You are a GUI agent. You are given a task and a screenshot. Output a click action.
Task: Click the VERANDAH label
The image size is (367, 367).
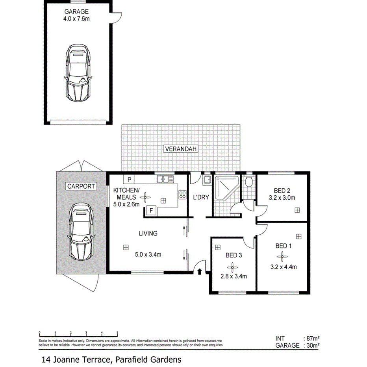181,149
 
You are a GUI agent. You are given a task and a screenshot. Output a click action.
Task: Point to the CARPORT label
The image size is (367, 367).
81,186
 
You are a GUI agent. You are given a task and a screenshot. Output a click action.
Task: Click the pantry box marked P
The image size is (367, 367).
129,180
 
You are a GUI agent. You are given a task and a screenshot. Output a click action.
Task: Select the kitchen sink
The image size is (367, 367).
166,180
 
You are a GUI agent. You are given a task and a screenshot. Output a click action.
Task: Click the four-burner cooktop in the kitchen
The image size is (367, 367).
183,194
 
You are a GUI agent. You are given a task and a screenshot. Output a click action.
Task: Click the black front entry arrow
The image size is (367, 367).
200,271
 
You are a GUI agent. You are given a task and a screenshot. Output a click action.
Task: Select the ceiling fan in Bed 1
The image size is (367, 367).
282,257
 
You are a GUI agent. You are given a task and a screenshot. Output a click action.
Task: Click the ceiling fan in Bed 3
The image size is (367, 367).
233,266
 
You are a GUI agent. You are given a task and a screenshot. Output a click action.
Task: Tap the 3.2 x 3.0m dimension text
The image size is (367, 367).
282,198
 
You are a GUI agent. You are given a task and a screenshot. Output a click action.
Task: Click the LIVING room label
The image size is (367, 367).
148,234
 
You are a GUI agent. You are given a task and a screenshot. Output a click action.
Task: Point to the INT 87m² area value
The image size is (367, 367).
311,338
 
